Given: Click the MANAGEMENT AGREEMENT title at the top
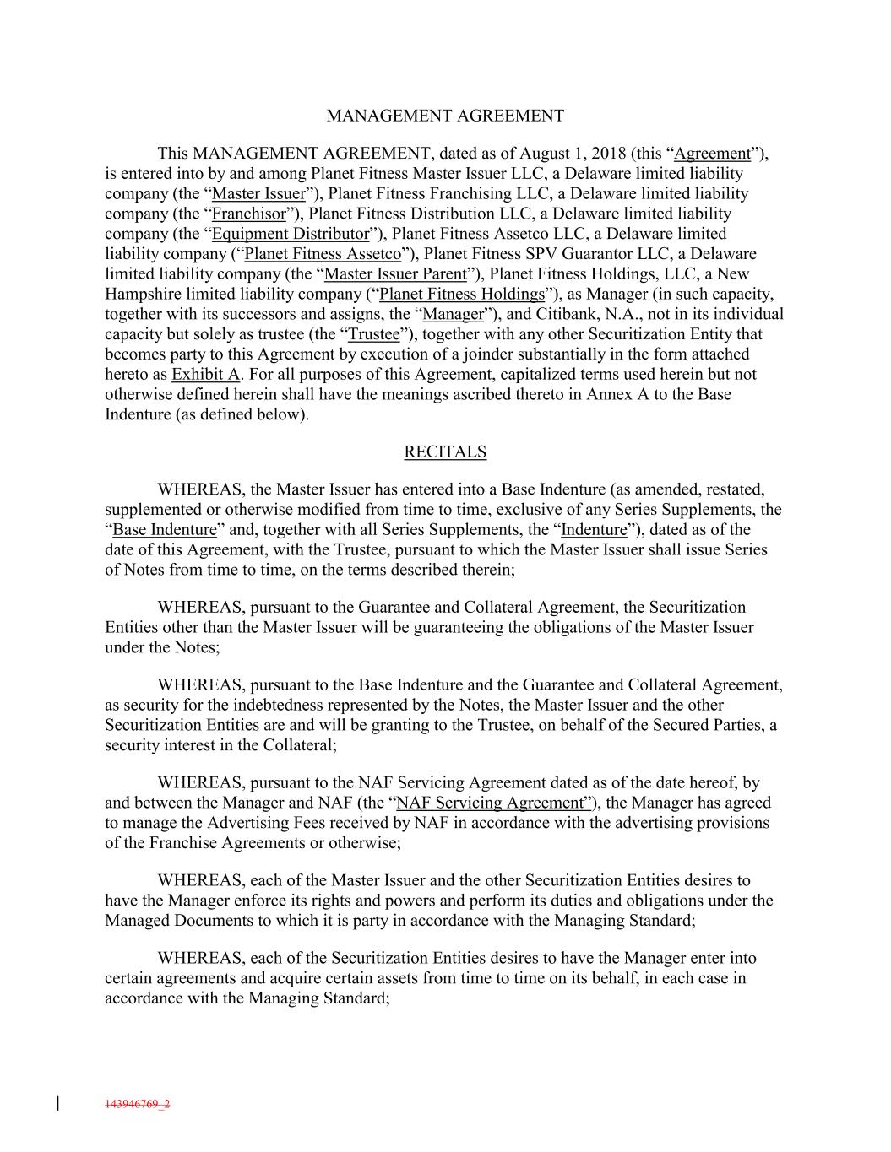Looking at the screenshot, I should click(445, 116).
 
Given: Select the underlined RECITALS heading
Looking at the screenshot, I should click(445, 452).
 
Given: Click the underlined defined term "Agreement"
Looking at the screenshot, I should click(713, 154).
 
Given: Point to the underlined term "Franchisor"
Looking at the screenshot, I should click(249, 214).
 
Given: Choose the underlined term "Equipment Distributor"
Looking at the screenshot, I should click(291, 234).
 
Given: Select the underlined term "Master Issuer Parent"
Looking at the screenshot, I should click(394, 274).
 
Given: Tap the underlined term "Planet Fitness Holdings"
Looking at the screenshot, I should click(462, 295).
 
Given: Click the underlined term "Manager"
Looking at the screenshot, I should click(453, 315).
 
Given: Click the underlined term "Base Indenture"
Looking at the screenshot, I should click(165, 530).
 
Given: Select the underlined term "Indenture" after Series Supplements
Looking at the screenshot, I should click(594, 530).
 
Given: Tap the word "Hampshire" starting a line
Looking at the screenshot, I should click(140, 295).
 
